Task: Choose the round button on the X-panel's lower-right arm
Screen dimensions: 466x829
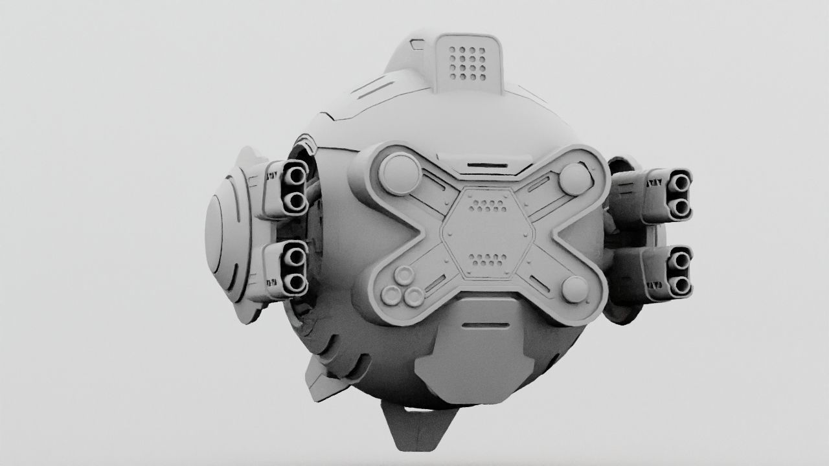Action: coord(574,289)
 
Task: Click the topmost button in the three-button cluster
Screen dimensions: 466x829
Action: coord(405,275)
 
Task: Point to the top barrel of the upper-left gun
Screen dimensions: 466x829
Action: coord(295,173)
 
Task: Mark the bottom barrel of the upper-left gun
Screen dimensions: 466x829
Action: coord(295,202)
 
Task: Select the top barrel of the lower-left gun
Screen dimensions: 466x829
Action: coord(295,257)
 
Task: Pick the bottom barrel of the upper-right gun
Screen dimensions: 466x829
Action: coord(679,206)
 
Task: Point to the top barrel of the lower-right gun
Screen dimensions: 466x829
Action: coord(679,260)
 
